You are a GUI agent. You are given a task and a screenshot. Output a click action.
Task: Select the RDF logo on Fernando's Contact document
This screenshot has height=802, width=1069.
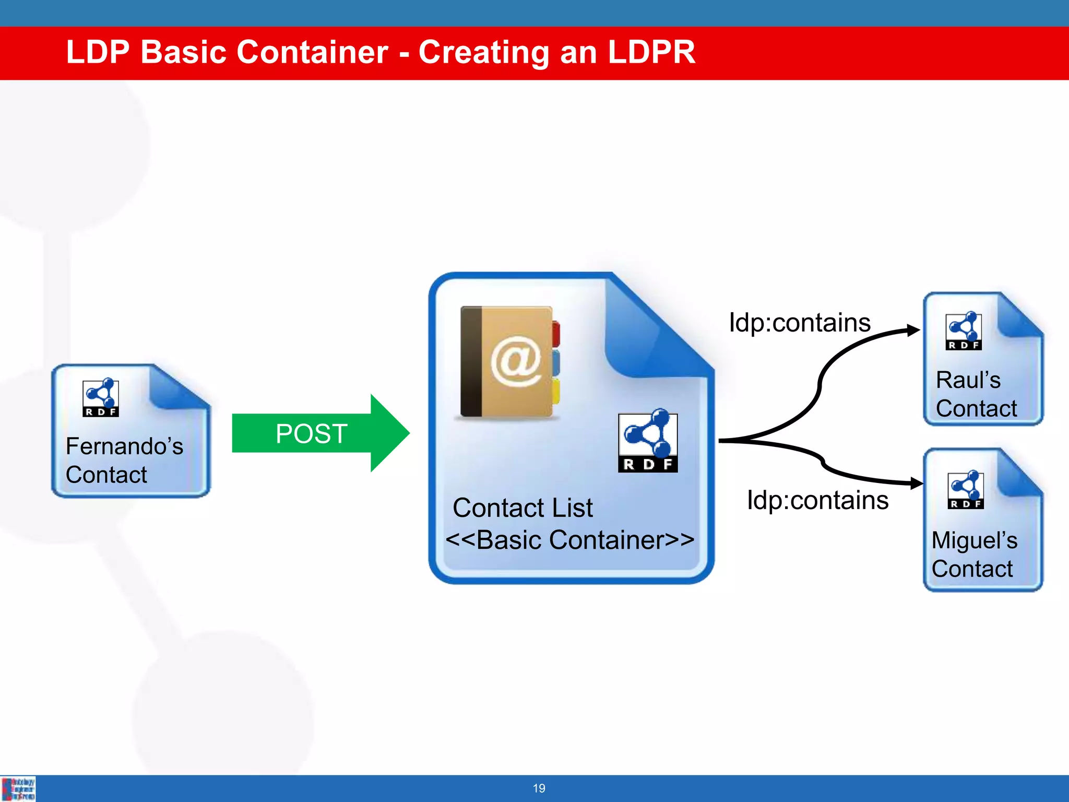101,398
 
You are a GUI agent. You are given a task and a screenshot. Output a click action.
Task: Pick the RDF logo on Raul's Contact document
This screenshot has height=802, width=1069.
964,331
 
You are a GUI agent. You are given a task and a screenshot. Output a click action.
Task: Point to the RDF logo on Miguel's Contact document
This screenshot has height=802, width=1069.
966,490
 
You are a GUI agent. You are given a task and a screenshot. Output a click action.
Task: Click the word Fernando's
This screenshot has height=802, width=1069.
124,446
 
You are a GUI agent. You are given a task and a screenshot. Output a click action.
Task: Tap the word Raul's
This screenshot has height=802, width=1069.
968,380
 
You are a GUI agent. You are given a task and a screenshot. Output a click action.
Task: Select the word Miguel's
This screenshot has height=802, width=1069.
974,540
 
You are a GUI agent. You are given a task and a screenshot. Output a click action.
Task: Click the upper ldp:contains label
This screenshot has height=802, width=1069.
799,323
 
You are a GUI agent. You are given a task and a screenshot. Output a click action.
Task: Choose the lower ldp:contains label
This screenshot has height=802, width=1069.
817,500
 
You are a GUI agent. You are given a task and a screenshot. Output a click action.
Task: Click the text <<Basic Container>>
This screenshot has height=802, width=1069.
569,540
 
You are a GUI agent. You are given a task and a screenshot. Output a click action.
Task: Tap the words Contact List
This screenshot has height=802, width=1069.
522,508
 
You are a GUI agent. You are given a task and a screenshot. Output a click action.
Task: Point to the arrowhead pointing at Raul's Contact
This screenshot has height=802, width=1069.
913,330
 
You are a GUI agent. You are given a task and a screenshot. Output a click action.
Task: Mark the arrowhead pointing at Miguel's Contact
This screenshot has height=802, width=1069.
916,483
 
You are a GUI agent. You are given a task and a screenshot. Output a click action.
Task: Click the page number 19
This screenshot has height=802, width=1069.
539,788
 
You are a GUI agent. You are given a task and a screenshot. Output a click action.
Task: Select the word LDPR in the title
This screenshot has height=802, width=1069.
651,52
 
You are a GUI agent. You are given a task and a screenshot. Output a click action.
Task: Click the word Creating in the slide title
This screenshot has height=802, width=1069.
483,52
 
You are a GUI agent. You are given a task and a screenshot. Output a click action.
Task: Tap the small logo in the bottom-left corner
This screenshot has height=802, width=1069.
18,788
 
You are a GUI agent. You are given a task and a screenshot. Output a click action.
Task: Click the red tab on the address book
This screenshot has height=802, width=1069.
555,334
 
